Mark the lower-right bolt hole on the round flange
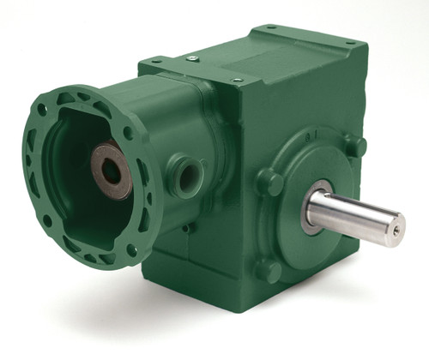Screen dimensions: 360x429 (x=131, y=250)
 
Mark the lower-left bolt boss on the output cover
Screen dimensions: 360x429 (x=268, y=271)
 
